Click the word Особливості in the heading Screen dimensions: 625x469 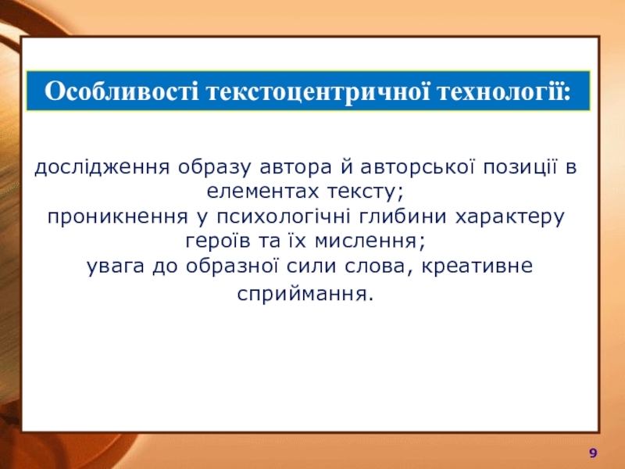121,91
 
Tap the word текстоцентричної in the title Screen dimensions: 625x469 318,92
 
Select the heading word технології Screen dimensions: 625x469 504,91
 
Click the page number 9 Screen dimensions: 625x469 593,453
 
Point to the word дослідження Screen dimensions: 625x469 102,167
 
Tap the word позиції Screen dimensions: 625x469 520,167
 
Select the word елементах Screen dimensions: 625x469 263,192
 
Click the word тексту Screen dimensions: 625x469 362,192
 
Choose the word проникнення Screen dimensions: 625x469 118,217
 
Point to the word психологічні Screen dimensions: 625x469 284,217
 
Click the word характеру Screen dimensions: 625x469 510,217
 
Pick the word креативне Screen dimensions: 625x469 477,266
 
